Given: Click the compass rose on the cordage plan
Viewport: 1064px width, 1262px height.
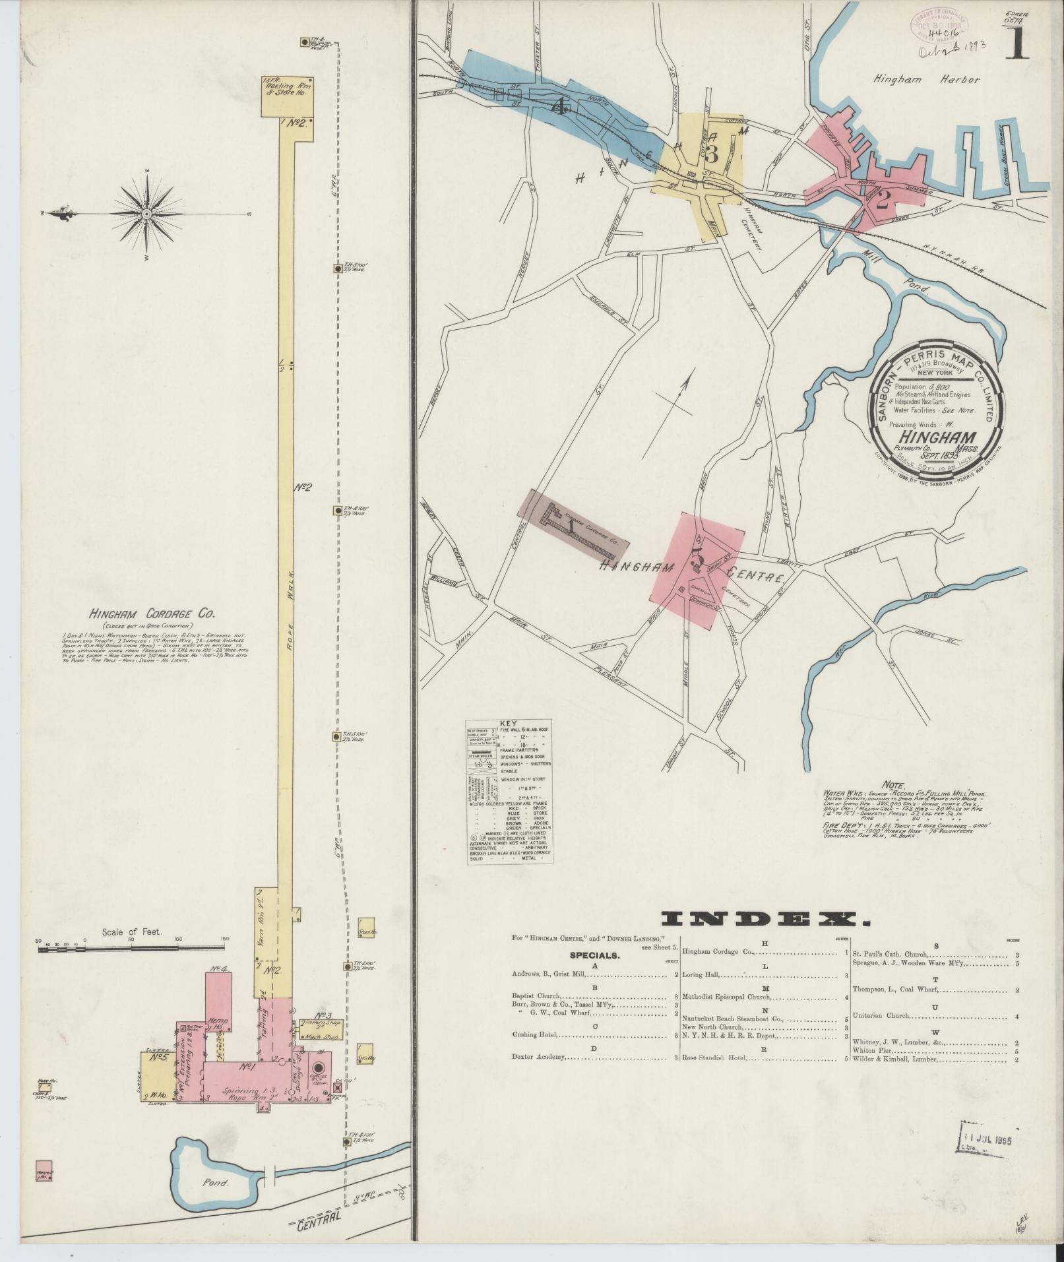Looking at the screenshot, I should (x=146, y=214).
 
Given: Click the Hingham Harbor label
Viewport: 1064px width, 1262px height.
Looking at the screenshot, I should (x=927, y=80).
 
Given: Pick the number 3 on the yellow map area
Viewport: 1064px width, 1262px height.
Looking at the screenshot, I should (x=710, y=155).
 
